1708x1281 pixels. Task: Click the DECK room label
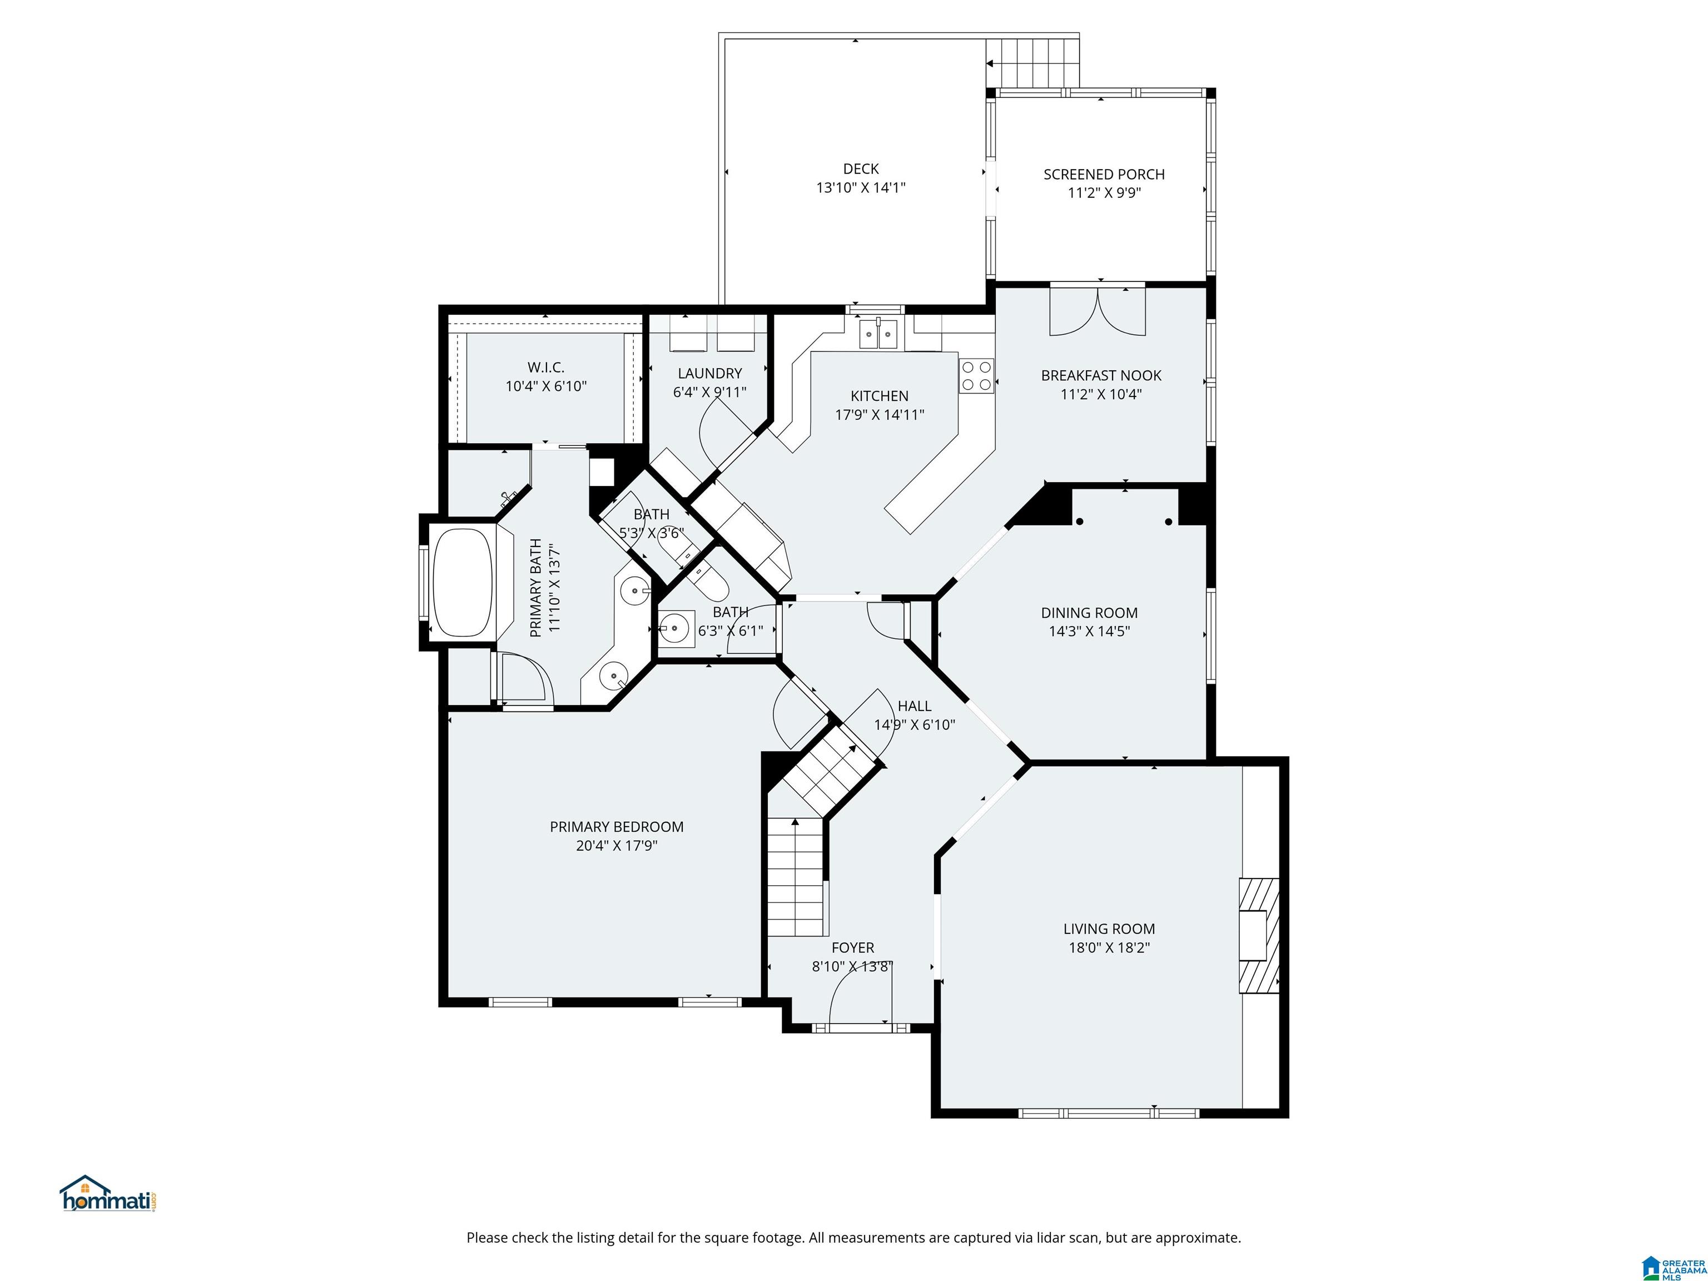(861, 168)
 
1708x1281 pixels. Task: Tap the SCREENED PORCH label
(1104, 175)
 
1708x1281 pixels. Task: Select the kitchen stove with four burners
(977, 376)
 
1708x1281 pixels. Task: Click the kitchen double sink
(878, 334)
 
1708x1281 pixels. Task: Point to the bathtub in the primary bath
(463, 582)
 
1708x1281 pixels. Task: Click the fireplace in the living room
(1259, 935)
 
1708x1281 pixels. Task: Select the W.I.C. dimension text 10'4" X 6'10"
(546, 386)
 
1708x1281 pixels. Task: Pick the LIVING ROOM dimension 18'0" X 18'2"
(1109, 947)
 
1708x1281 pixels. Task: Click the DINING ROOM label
(1089, 613)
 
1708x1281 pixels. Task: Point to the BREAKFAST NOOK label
(1101, 376)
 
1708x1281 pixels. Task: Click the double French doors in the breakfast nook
(1097, 310)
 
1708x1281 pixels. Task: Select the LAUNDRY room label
(709, 374)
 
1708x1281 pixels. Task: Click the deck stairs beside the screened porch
(1032, 62)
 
